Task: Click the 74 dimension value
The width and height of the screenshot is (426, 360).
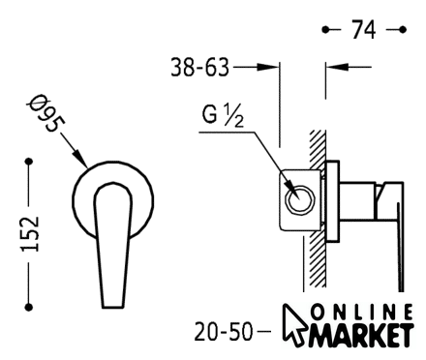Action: pyautogui.click(x=363, y=30)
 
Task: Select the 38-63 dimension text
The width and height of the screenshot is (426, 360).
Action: pyautogui.click(x=199, y=68)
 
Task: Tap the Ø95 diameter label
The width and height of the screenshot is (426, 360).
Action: pyautogui.click(x=46, y=113)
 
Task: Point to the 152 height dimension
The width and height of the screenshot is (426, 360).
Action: pyautogui.click(x=30, y=233)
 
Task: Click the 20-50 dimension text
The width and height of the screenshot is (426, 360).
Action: pyautogui.click(x=223, y=332)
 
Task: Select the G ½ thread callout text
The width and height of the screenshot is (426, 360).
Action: pyautogui.click(x=223, y=116)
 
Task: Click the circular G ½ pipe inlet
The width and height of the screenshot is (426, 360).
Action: pyautogui.click(x=300, y=199)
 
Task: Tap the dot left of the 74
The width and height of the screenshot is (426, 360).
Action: pyautogui.click(x=325, y=30)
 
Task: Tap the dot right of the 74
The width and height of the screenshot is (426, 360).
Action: pyautogui.click(x=403, y=30)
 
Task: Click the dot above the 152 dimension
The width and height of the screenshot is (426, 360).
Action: pyautogui.click(x=29, y=161)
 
